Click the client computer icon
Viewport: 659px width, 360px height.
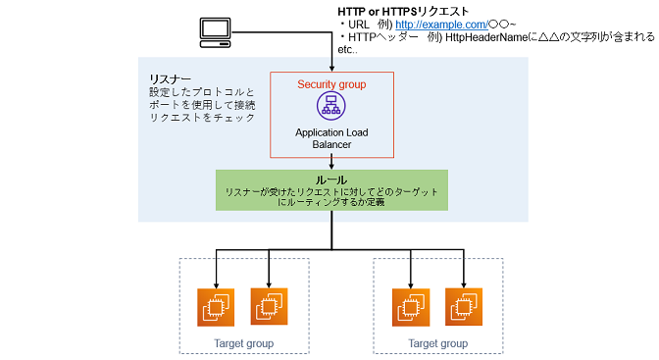217,31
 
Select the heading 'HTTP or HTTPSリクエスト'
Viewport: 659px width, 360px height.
402,10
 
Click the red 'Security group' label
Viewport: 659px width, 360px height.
331,84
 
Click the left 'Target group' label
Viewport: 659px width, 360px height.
243,343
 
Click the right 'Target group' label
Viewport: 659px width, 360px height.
437,343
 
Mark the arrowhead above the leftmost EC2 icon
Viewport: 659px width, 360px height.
216,280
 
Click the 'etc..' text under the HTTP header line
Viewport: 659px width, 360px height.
347,49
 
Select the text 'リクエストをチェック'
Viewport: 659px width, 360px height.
196,118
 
